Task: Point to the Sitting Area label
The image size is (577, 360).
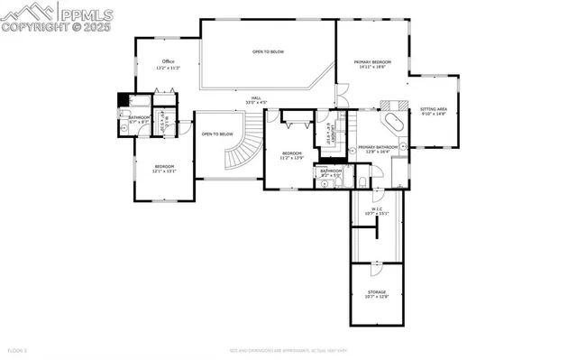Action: pyautogui.click(x=434, y=112)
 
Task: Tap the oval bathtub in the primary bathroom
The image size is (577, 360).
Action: pyautogui.click(x=392, y=124)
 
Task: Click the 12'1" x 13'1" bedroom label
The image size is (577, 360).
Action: pyautogui.click(x=163, y=168)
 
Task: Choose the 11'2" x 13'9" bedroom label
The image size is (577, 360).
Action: pyautogui.click(x=291, y=155)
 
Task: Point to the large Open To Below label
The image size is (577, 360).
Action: pyautogui.click(x=268, y=52)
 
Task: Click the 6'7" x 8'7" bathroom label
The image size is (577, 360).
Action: pyautogui.click(x=139, y=119)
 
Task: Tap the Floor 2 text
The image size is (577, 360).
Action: pyautogui.click(x=19, y=349)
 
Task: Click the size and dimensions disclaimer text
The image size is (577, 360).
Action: pyautogui.click(x=288, y=349)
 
